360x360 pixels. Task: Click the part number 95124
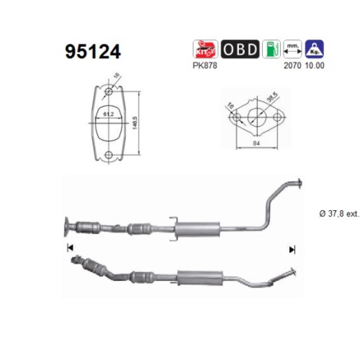(93, 52)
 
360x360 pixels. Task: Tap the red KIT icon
(205, 49)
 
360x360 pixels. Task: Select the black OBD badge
(240, 49)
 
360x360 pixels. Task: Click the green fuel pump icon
(271, 49)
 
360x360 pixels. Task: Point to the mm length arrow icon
(292, 49)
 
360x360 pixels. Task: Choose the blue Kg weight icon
(314, 49)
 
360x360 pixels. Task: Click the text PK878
(205, 66)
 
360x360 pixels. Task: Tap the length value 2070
(292, 66)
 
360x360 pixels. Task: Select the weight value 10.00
(315, 66)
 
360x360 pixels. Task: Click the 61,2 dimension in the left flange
(108, 114)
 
